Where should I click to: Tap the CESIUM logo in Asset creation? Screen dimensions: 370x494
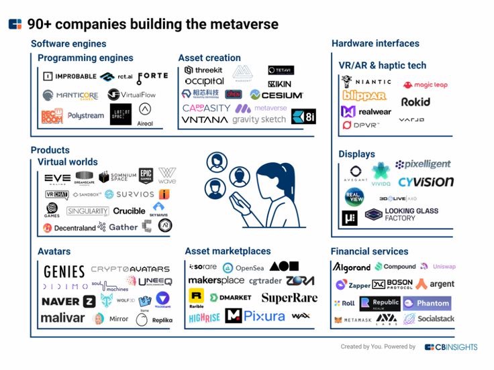[276, 95]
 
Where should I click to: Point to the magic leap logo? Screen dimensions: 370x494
[425, 85]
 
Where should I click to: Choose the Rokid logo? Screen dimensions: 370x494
[415, 102]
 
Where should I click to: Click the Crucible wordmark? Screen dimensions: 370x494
[129, 210]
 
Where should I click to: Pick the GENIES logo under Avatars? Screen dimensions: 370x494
[64, 271]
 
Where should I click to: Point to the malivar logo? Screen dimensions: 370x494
[62, 317]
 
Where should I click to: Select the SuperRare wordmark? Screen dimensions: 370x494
[289, 298]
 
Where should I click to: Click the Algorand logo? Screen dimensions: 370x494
[352, 267]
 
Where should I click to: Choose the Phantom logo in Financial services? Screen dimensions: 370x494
[427, 303]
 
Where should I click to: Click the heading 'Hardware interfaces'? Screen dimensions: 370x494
[375, 44]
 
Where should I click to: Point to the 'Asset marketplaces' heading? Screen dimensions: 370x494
[228, 251]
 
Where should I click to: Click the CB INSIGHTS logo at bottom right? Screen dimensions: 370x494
[451, 347]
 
